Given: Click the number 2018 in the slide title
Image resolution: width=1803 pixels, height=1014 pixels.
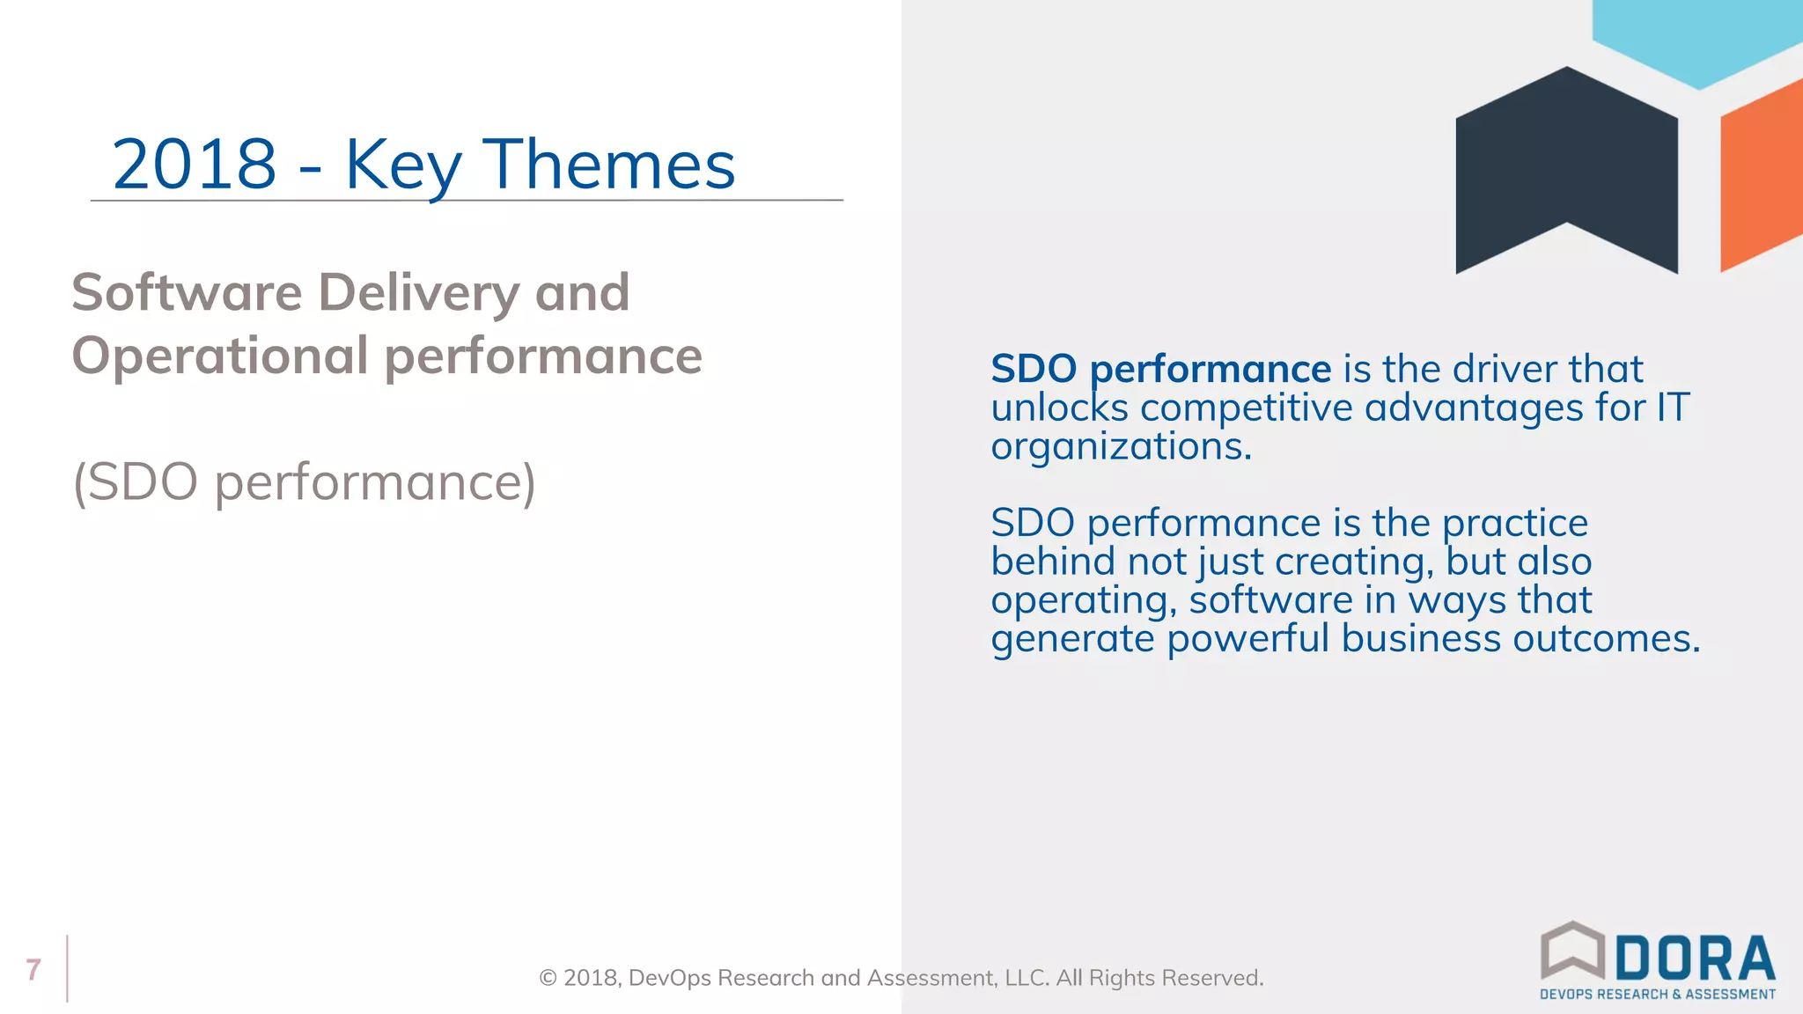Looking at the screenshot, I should tap(195, 165).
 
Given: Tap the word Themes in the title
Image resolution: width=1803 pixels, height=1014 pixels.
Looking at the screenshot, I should tap(609, 165).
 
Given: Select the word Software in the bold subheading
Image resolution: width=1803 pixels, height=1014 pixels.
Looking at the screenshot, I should tap(187, 292).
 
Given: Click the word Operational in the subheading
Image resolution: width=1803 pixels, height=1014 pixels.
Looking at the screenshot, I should tap(219, 356).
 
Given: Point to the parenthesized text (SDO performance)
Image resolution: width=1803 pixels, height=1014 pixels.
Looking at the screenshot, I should tap(304, 482).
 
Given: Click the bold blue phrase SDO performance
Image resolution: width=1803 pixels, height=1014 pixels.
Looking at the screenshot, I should tap(1160, 369).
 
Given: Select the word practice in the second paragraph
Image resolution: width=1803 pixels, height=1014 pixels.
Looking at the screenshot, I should tap(1514, 523).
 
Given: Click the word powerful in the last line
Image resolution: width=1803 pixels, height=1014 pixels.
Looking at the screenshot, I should tap(1247, 638).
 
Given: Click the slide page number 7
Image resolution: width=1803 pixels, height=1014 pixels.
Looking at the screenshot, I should tap(33, 969).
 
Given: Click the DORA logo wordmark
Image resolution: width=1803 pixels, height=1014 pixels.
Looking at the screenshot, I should tap(1695, 959).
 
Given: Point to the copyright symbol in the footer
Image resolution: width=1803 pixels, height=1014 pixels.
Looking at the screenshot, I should tap(548, 978).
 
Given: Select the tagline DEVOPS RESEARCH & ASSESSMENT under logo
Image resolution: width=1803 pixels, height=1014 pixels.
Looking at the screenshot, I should tap(1657, 995).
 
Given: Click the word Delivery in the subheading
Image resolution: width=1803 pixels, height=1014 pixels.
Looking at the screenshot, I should tap(418, 292).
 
